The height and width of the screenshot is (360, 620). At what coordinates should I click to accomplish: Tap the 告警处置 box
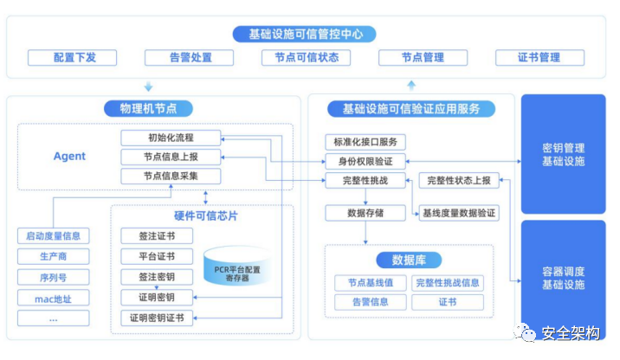[x=189, y=58]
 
